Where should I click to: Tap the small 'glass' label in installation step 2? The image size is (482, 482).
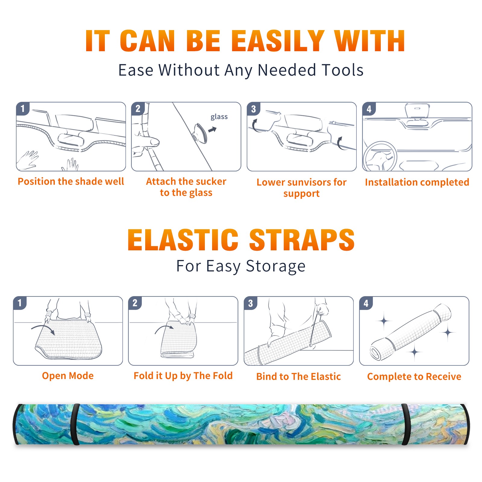(219, 117)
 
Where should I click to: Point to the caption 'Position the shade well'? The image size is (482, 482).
(71, 181)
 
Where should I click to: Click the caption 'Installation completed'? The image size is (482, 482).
(417, 182)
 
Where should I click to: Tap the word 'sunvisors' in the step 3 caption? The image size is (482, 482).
(305, 182)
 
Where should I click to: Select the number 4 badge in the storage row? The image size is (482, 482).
(366, 303)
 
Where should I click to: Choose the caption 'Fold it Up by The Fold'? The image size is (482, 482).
(183, 376)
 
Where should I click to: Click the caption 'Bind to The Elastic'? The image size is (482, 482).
(299, 377)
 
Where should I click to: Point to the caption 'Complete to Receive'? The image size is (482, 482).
(414, 377)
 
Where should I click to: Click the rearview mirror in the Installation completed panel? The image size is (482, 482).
(417, 111)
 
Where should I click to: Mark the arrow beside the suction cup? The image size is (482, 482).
(212, 130)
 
